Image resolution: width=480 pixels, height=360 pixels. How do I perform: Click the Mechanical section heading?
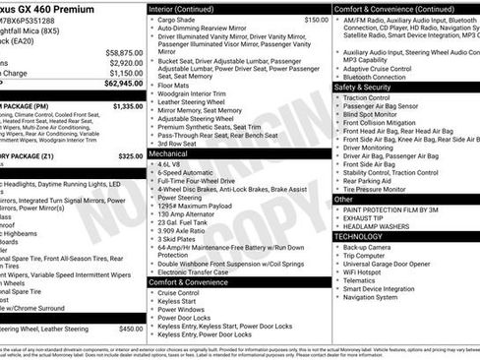tap(169, 154)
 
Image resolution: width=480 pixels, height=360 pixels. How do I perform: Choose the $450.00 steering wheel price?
tap(130, 329)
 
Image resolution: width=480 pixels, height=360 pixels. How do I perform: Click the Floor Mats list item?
tap(176, 86)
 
